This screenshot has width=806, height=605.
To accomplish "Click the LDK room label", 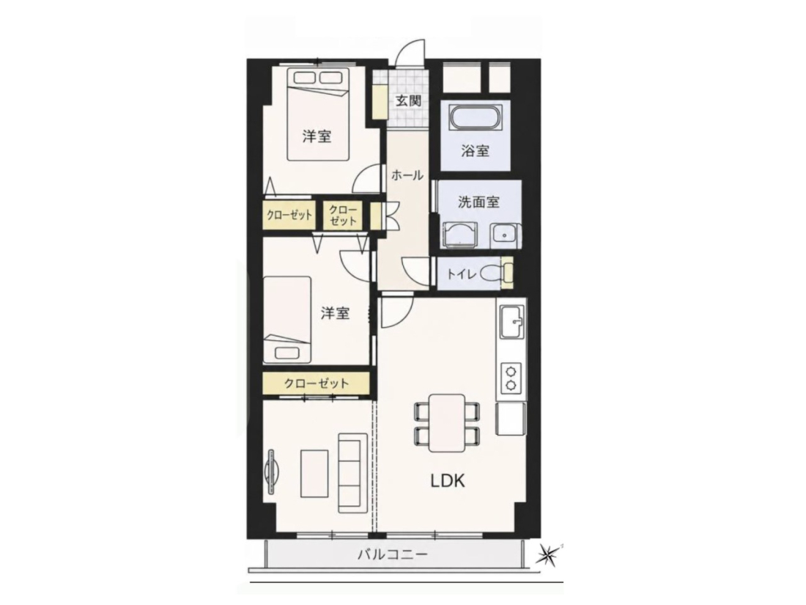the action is tap(447, 481).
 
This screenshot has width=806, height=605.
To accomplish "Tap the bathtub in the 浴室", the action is tap(476, 119).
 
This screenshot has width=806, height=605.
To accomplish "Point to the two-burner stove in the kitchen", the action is tap(511, 378).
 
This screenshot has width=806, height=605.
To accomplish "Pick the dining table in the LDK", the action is tap(447, 422).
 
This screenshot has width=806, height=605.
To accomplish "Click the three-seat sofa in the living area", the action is tap(352, 472).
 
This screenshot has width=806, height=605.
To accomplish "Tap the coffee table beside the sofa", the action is tap(314, 473).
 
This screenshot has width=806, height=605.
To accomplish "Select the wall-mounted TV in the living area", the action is tap(271, 472).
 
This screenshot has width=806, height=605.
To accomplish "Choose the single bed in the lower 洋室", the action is tap(287, 320).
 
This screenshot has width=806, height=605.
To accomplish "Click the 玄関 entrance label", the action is tap(408, 100).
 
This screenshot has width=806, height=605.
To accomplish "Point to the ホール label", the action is tap(407, 175).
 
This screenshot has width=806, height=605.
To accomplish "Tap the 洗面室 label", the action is tap(478, 202).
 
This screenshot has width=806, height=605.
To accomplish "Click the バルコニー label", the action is tap(393, 554).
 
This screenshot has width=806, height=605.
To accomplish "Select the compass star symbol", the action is tap(549, 554).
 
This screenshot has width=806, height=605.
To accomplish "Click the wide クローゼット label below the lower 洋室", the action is tap(316, 384).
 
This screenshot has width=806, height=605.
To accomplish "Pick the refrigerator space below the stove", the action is tap(511, 419).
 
